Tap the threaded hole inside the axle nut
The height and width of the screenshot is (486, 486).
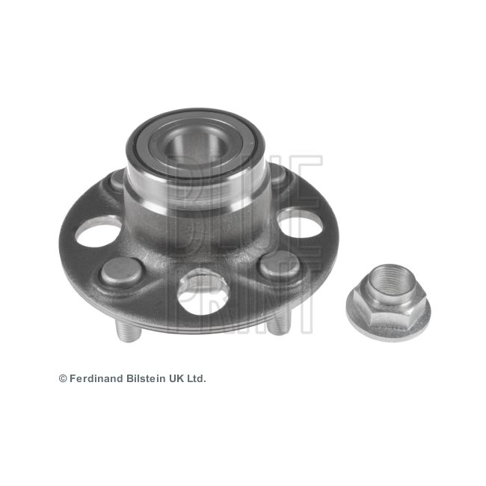point(387,283)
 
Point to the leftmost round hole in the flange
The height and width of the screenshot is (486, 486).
point(98,233)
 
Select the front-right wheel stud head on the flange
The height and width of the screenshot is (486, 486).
point(278,265)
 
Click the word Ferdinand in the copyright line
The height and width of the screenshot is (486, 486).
point(97,378)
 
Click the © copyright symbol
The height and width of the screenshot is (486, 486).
point(63,379)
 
